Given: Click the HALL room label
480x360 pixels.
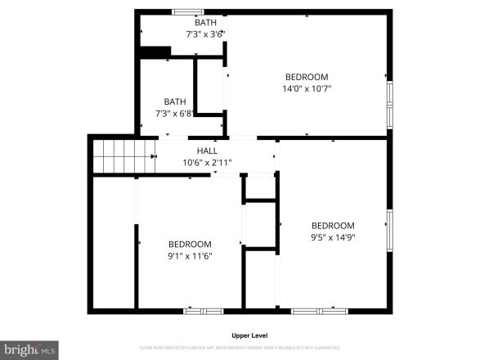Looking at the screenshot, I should coord(207,151).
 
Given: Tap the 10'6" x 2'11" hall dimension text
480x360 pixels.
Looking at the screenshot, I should coord(207,162).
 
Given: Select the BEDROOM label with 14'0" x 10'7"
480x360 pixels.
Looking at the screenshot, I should coord(306,77).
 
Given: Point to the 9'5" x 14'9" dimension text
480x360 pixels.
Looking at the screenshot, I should coord(333,238).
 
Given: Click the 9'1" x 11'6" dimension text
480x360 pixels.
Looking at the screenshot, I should coord(190,256).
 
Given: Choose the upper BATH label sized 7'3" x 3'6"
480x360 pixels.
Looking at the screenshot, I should coord(206,22).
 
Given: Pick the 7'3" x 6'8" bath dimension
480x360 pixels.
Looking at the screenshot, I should coord(174,113).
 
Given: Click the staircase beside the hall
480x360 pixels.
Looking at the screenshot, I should coord(123,155).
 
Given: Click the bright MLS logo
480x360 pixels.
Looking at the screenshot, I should coord(29,349).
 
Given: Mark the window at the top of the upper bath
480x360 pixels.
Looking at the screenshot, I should coord(187,11).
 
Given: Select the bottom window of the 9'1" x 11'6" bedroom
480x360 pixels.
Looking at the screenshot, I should coord(204,311).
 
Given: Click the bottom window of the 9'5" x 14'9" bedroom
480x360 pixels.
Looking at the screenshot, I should coord(318,311).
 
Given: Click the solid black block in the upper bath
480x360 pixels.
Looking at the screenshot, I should coord(155,52).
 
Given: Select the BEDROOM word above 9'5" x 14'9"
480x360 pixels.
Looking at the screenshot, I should coord(333,226).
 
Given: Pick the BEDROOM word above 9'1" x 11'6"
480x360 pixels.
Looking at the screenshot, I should coord(190,244).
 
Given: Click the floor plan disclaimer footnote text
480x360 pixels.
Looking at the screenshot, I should coord(250,348).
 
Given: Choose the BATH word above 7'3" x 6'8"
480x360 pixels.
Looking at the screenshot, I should coord(174,101).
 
